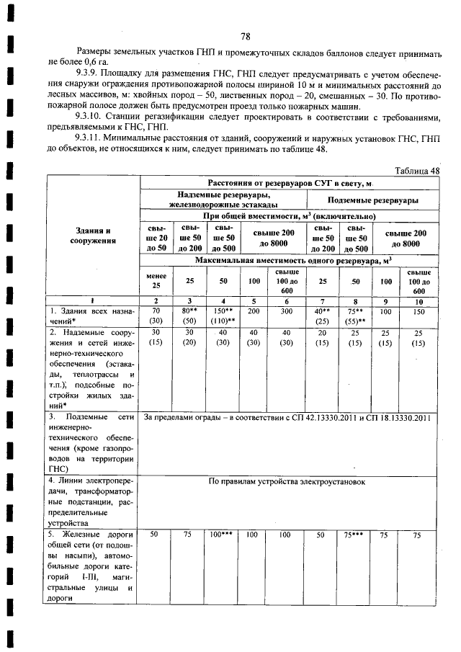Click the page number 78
click(245, 37)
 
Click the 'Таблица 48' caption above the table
click(417, 170)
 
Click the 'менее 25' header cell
click(156, 279)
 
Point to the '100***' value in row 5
click(220, 535)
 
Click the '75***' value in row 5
click(352, 535)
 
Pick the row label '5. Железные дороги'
click(92, 535)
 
